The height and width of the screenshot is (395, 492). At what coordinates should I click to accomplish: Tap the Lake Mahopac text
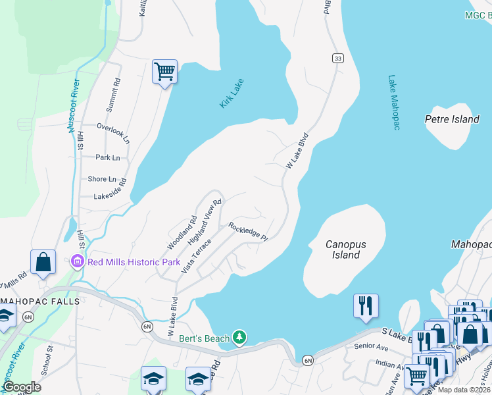point(393,102)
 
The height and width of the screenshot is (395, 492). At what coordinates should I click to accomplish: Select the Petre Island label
point(452,119)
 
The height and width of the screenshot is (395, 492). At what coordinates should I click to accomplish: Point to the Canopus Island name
point(345,250)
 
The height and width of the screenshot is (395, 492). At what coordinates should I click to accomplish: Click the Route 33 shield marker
point(337,59)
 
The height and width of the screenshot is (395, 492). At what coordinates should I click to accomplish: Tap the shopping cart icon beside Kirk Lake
point(164,71)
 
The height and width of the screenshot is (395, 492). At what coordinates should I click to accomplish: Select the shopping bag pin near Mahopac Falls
point(43,262)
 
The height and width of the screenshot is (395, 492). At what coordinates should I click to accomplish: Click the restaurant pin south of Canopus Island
point(366,305)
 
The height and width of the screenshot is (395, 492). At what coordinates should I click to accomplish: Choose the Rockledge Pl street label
point(248,231)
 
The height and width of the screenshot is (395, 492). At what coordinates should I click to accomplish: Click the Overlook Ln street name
point(113,129)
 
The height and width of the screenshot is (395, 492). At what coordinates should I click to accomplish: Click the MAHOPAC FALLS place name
point(39,302)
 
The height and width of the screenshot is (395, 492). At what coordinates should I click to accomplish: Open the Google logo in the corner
point(22,387)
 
